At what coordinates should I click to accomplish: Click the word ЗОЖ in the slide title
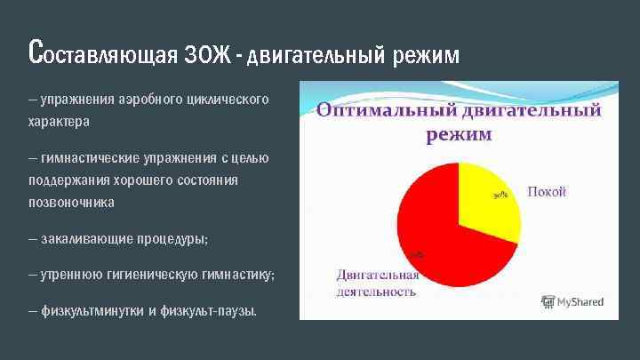pyautogui.click(x=210, y=55)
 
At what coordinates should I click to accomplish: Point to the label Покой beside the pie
pyautogui.click(x=547, y=192)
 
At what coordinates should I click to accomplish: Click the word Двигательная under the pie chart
pyautogui.click(x=377, y=275)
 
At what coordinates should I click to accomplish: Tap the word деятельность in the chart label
pyautogui.click(x=375, y=292)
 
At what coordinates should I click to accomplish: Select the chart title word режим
pyautogui.click(x=459, y=134)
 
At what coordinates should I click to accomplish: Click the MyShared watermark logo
pyautogui.click(x=572, y=302)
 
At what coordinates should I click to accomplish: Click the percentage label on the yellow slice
pyautogui.click(x=500, y=196)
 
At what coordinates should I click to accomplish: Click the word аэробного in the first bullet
pyautogui.click(x=144, y=100)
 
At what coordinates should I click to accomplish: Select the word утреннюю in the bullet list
pyautogui.click(x=72, y=276)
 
